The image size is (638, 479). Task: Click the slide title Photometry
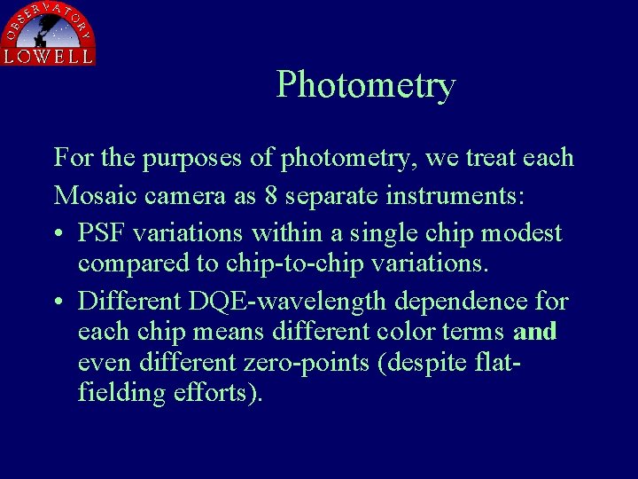click(366, 85)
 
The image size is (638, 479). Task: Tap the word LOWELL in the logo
click(48, 56)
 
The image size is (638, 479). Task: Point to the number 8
click(271, 195)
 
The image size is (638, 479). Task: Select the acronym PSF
click(102, 232)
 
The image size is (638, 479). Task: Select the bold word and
click(535, 332)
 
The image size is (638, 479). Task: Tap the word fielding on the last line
click(121, 393)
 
